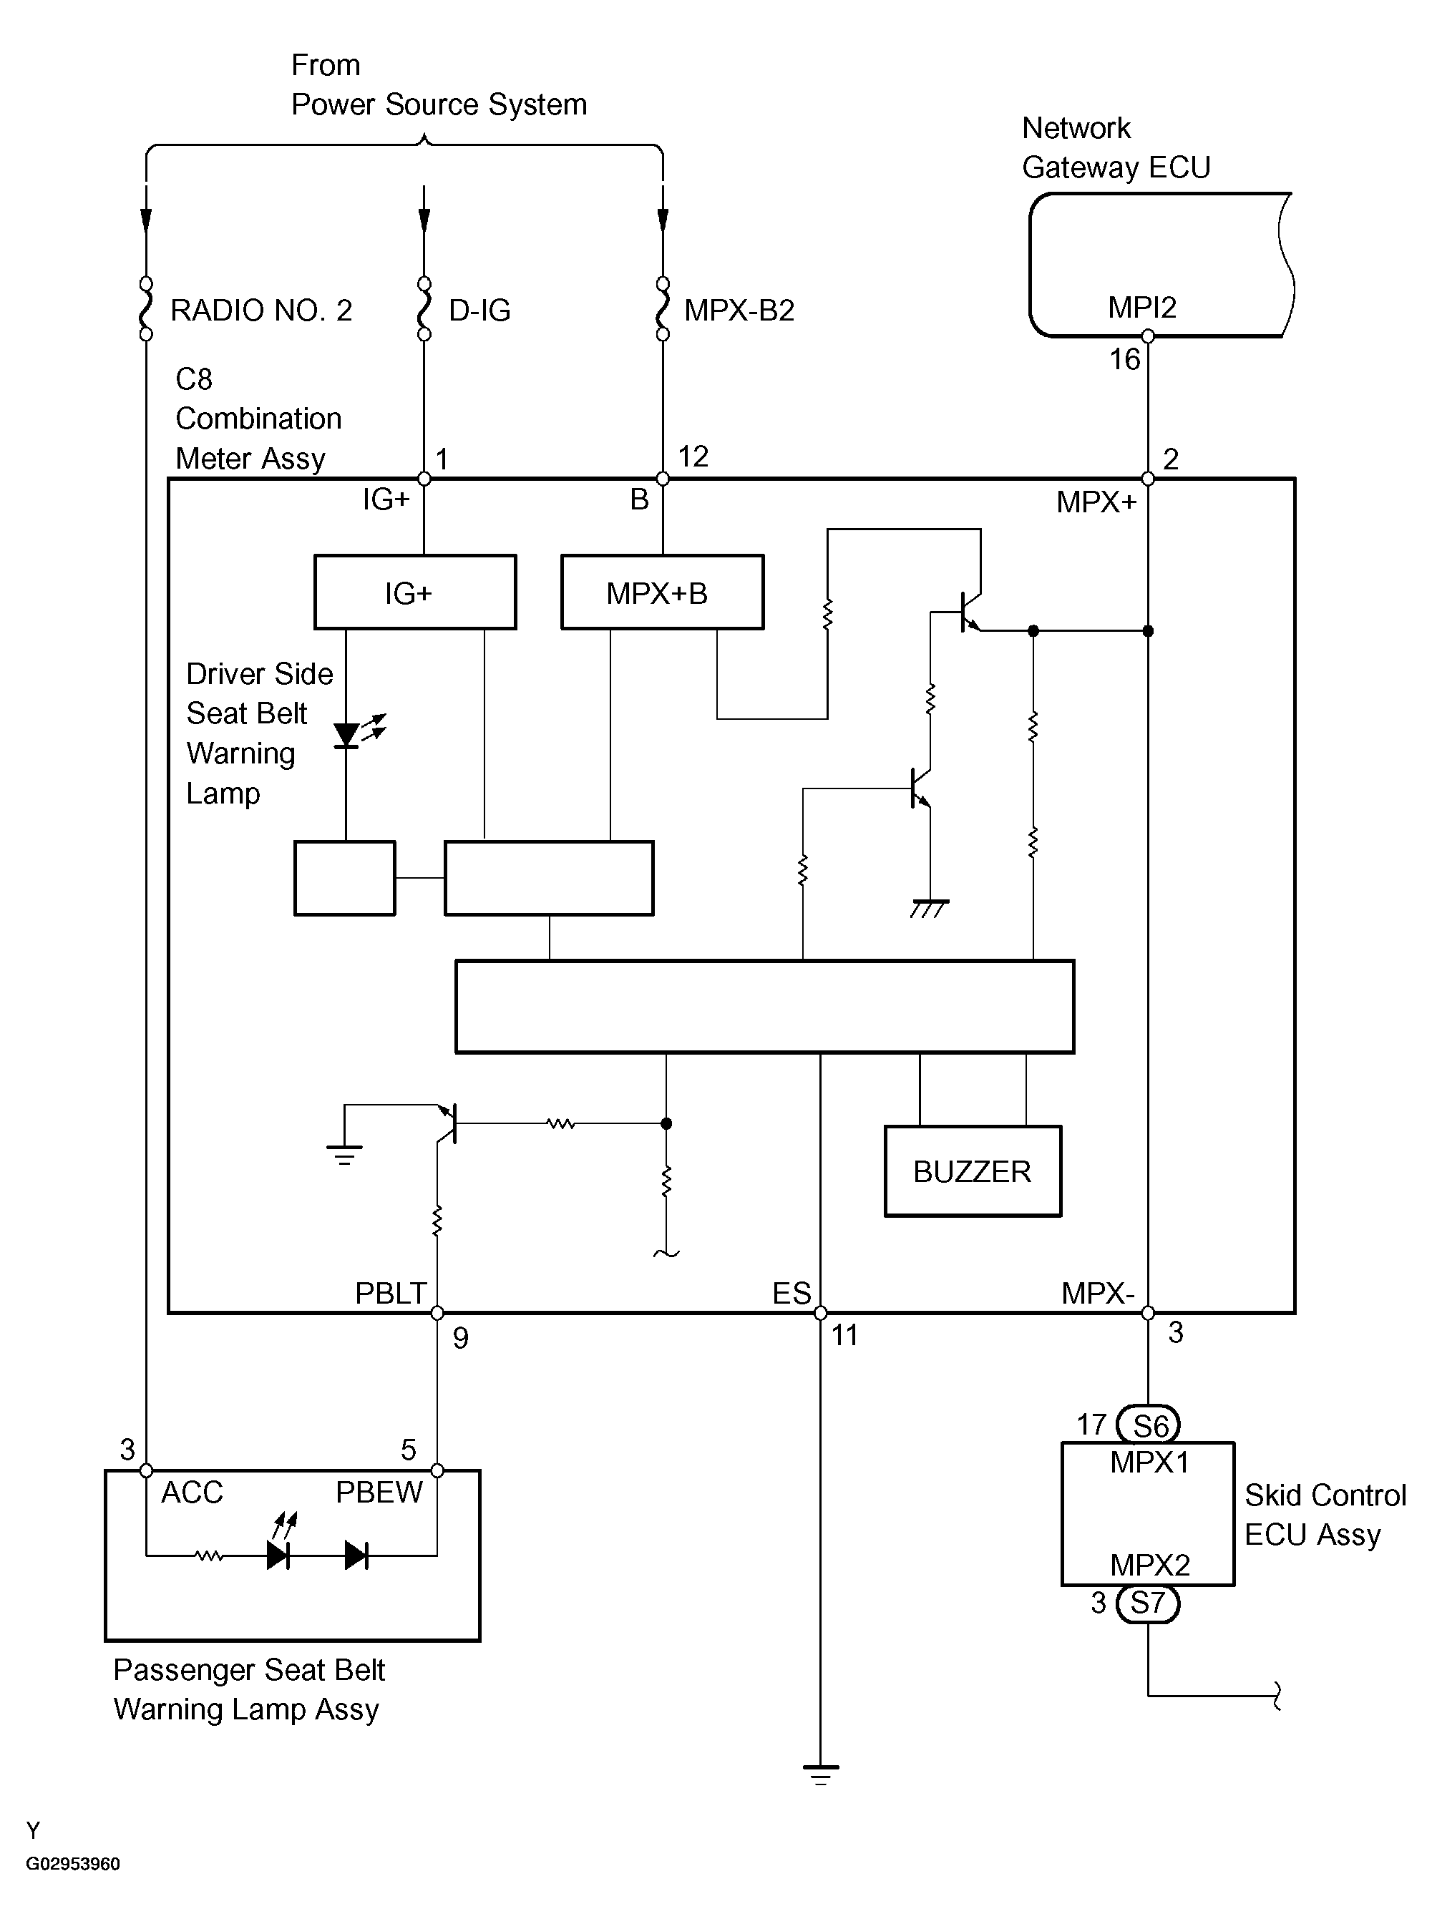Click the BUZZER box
pos(973,1171)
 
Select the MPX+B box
pos(662,592)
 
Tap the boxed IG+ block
pos(415,592)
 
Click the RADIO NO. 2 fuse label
pos(261,311)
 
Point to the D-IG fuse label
pos(479,311)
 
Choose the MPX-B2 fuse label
pos(739,311)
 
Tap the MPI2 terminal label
pos(1141,308)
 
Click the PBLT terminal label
pos(390,1293)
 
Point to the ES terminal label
pos(792,1293)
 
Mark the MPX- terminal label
pos(1099,1293)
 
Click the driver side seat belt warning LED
pos(347,735)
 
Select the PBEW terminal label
pos(379,1493)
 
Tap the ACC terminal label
pos(193,1493)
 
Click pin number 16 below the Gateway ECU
pos(1125,358)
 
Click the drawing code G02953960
pos(73,1863)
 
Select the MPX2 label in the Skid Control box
pos(1149,1564)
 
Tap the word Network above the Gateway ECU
pos(1076,128)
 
